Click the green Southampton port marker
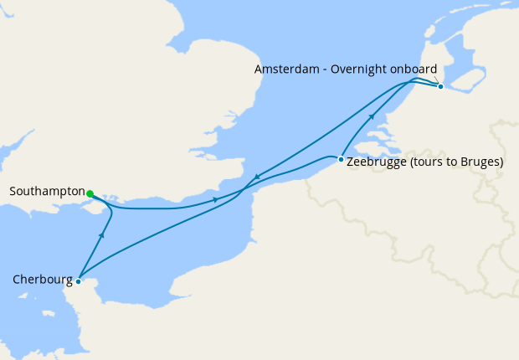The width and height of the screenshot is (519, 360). [x=90, y=193]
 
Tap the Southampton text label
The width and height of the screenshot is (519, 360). [x=47, y=192]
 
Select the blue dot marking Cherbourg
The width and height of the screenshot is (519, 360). [x=78, y=281]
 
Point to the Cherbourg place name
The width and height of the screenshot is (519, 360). [x=42, y=280]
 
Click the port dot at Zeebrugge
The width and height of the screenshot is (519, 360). [x=341, y=158]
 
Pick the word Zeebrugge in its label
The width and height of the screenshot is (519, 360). [x=374, y=162]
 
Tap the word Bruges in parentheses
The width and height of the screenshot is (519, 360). [x=479, y=162]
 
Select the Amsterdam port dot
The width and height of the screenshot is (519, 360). [x=440, y=86]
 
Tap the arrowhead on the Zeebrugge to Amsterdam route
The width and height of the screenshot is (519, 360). [x=371, y=118]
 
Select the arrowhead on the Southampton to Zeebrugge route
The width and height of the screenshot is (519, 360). [x=216, y=200]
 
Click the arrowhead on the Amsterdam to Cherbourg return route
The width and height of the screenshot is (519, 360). [x=257, y=176]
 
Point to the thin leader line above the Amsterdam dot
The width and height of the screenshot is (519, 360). [x=436, y=80]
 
